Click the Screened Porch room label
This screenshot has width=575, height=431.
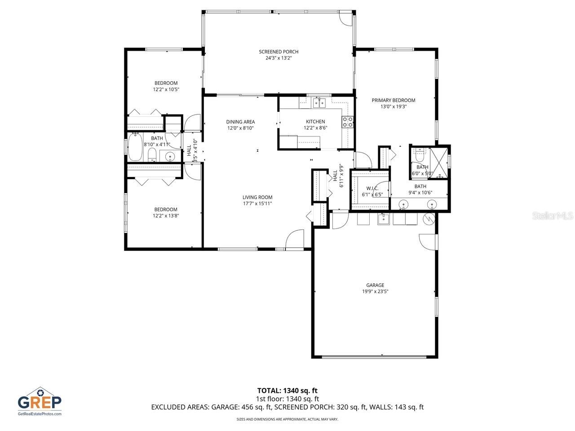tap(278, 52)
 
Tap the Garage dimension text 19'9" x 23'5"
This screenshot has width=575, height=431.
tap(375, 291)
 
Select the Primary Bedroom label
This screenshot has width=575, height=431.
tap(393, 100)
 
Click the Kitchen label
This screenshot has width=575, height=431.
tap(315, 122)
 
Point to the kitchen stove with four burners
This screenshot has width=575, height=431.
tap(347, 122)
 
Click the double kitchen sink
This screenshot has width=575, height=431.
tap(319, 103)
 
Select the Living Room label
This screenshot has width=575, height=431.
tap(257, 197)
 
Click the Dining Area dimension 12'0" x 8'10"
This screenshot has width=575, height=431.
tap(240, 128)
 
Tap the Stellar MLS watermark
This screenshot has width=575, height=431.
tap(552, 216)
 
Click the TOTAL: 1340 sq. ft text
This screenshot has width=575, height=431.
tap(287, 391)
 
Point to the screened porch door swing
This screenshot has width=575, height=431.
tap(345, 17)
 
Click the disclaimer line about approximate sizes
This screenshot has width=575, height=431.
tap(287, 419)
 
